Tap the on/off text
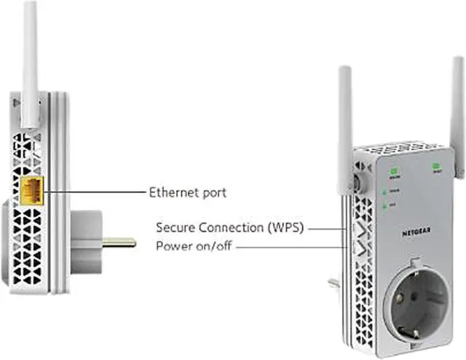point(213,246)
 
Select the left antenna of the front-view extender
point(344,124)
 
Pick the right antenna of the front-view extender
point(459,117)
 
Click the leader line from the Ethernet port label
point(95,192)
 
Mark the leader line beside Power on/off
point(291,246)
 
